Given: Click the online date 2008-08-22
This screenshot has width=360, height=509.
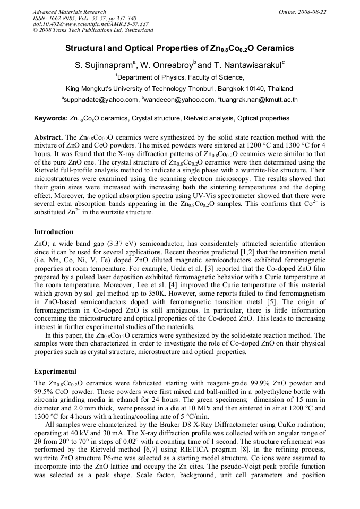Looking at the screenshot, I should (312, 12).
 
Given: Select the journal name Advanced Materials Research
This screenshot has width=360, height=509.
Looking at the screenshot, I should (69, 12).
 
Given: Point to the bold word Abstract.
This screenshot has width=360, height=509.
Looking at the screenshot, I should (49, 137).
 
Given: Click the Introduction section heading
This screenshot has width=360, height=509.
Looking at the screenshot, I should (54, 232).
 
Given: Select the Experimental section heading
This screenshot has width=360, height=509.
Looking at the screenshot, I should (55, 371).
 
